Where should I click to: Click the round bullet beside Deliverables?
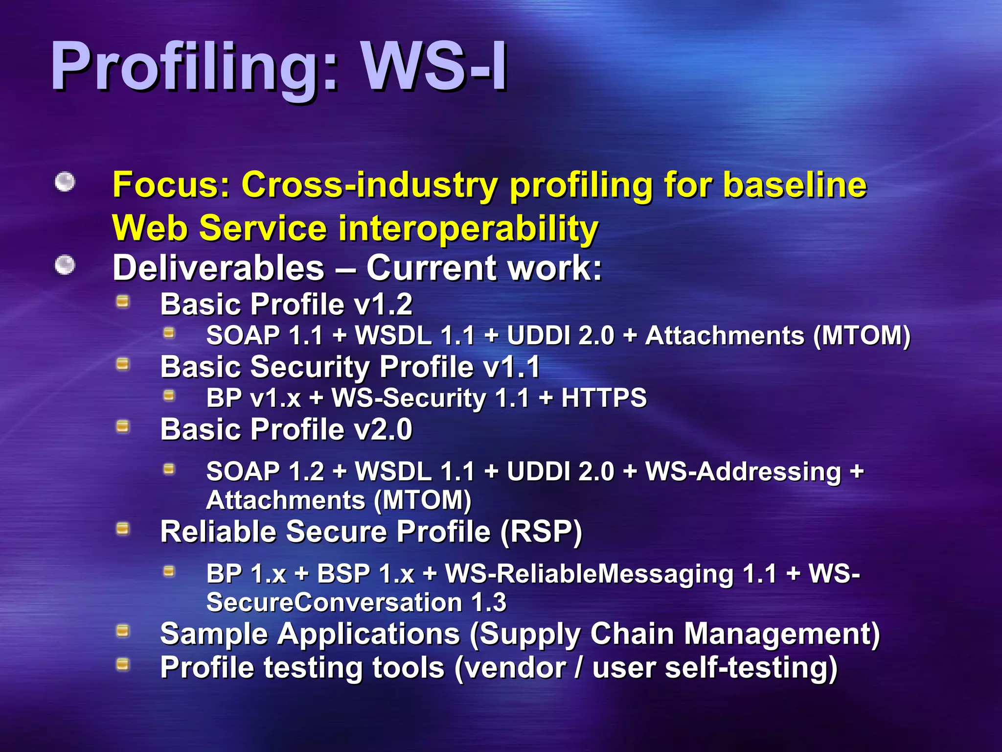[65, 265]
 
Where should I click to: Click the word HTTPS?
[604, 398]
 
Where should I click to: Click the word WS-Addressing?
[743, 471]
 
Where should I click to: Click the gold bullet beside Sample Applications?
[122, 631]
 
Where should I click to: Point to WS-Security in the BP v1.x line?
[409, 398]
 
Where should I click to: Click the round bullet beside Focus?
[65, 182]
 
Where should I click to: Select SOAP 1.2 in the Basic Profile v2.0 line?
[265, 471]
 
